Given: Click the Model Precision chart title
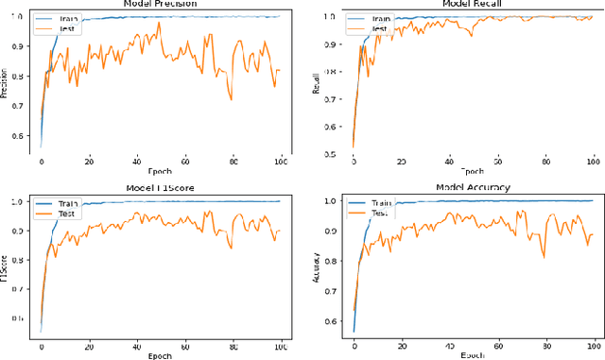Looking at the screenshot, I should (x=162, y=4).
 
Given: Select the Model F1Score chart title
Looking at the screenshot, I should (x=162, y=187).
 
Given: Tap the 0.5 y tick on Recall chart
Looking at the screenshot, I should (x=328, y=153).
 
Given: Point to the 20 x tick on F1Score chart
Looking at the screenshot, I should (x=89, y=346).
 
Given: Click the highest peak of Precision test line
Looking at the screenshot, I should (x=159, y=22).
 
